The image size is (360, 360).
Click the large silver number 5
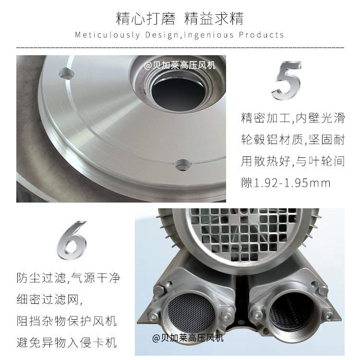[287, 80]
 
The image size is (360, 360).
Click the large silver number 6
[72, 240]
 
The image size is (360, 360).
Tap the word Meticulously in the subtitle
[107, 35]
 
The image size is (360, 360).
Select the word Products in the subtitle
[261, 35]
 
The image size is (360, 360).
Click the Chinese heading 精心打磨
[145, 18]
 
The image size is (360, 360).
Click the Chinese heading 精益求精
[214, 18]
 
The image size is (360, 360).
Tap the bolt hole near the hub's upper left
[66, 73]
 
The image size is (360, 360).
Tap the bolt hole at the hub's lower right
[183, 165]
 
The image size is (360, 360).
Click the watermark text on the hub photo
[180, 66]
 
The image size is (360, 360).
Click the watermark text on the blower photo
[188, 338]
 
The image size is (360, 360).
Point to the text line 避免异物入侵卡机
[67, 342]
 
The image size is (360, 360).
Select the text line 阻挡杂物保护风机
[67, 321]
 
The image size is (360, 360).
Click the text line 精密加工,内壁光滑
[293, 118]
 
